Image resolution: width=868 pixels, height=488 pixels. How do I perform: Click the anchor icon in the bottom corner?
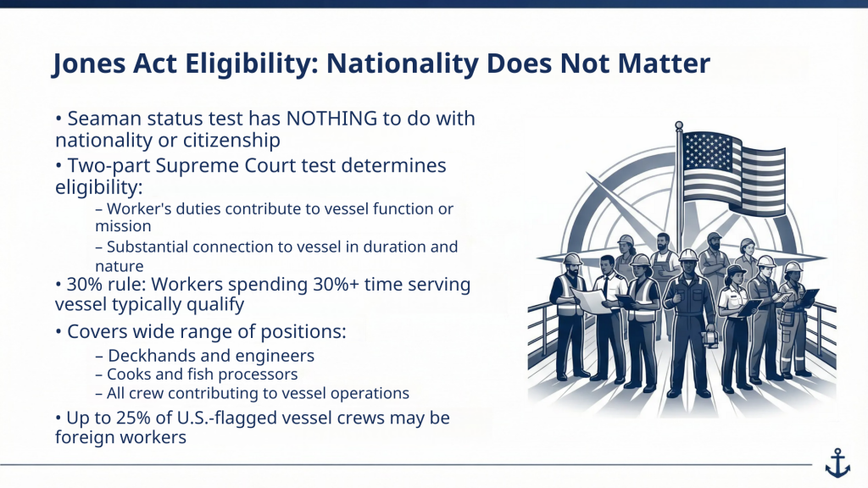(837, 462)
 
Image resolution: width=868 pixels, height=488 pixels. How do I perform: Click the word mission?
(123, 226)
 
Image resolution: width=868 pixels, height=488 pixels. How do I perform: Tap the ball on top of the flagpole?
(678, 126)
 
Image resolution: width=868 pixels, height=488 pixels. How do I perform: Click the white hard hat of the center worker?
(688, 255)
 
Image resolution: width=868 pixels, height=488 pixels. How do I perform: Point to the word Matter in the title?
(661, 64)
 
